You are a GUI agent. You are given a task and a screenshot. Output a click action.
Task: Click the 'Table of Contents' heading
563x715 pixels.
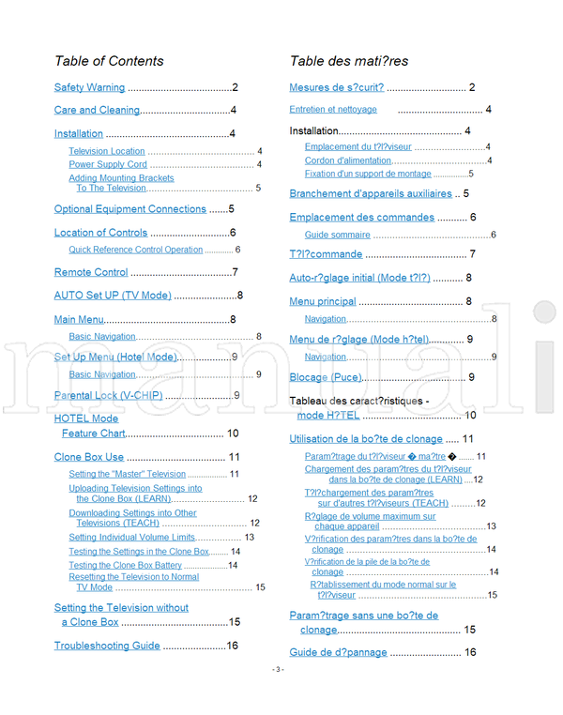coord(109,62)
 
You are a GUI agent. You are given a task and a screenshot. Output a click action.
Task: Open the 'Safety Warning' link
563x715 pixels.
coord(89,88)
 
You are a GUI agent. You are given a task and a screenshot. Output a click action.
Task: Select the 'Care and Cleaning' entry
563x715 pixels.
coord(97,111)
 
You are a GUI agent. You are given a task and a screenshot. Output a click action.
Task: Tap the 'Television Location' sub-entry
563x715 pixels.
coord(107,151)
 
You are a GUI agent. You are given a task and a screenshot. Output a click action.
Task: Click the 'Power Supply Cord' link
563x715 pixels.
coord(108,164)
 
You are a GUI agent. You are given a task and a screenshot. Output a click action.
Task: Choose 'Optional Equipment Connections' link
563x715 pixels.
coord(129,209)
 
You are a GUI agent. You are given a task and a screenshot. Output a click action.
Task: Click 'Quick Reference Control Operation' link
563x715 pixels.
coord(135,250)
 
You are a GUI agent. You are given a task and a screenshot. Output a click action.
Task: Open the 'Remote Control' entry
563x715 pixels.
coord(91,273)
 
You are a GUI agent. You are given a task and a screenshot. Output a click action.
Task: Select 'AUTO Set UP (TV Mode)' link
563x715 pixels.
coord(113,296)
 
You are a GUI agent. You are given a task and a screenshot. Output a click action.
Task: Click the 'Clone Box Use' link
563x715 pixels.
coord(89,457)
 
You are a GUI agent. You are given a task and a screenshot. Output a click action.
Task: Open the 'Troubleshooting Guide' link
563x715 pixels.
coord(107,646)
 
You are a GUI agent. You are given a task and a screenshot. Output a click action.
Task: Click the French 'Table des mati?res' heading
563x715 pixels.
coord(348,62)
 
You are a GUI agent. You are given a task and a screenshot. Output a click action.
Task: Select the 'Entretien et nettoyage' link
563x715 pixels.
coord(333,110)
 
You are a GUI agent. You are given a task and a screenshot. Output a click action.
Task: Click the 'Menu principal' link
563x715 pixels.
coord(323,302)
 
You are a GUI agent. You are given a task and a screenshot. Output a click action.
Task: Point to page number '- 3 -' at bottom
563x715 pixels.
coord(279,695)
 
